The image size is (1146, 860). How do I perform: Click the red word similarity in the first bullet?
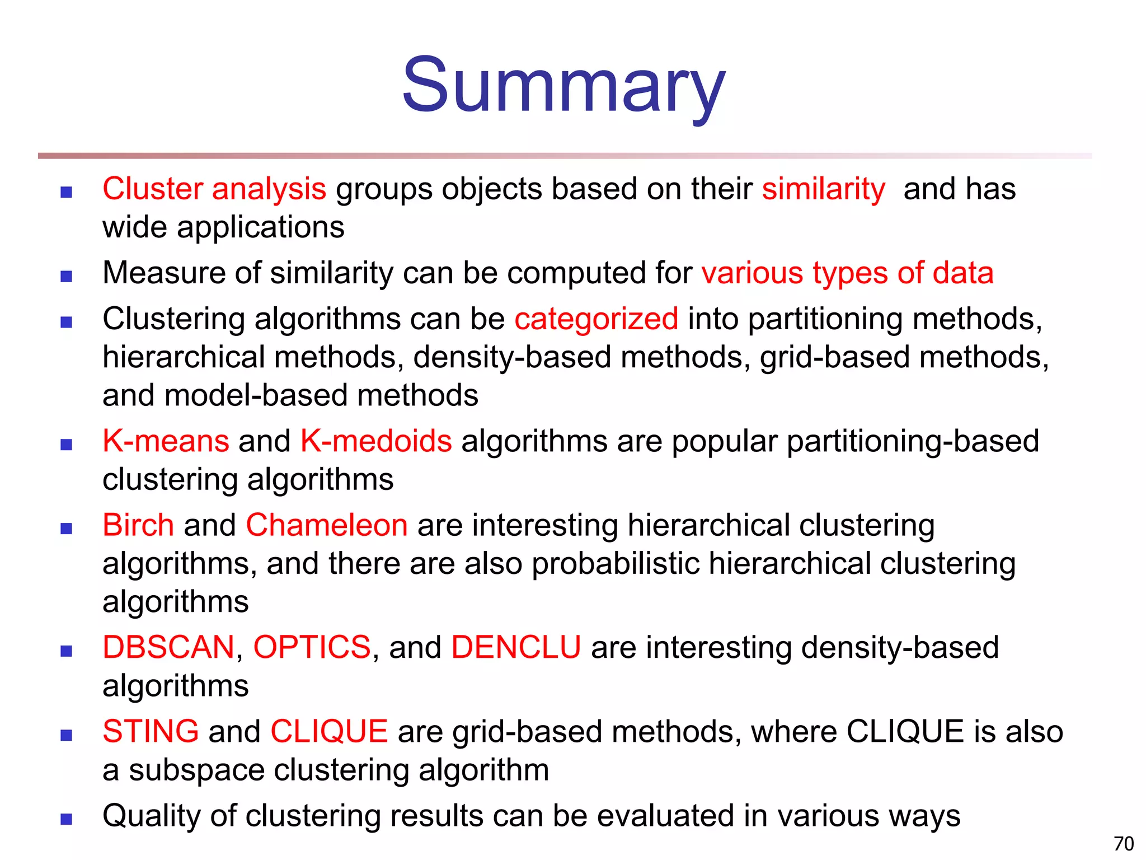pos(823,189)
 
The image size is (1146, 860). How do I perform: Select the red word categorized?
pos(596,320)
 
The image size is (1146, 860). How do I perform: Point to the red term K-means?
pos(166,441)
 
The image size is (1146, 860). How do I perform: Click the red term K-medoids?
pos(375,441)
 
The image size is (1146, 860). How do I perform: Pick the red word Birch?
pos(138,526)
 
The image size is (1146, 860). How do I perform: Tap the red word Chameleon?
pos(327,526)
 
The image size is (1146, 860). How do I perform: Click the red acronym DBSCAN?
pos(168,648)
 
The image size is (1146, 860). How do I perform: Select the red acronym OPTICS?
pos(312,648)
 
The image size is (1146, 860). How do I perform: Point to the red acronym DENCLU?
pos(516,648)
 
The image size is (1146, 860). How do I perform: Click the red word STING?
pos(151,732)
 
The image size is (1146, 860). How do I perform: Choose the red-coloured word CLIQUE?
pos(329,732)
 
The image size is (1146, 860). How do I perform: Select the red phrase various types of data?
pos(847,273)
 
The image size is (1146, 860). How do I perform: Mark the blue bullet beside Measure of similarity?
pos(67,276)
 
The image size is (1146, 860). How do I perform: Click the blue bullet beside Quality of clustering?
pos(67,819)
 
